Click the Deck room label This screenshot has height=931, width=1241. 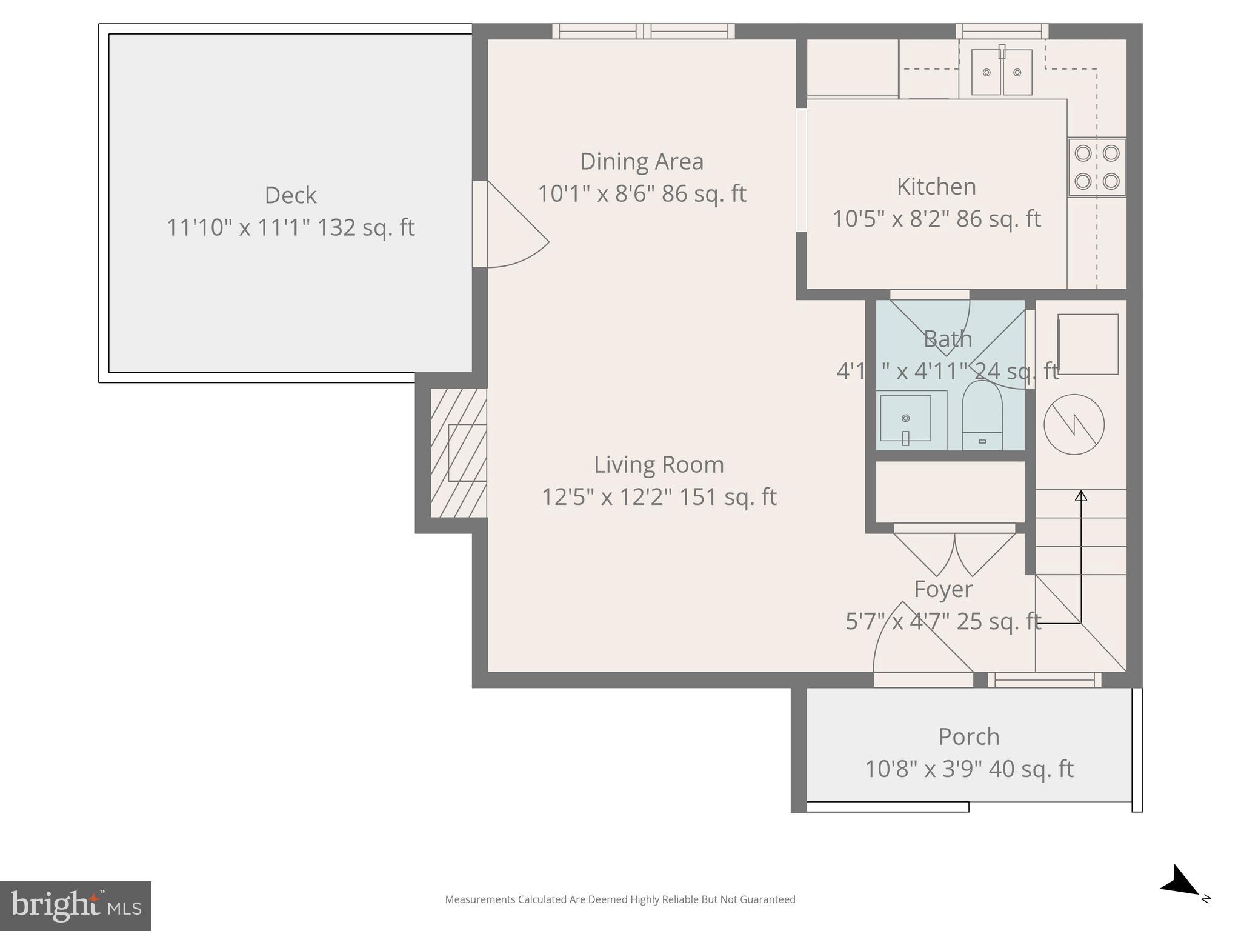(x=290, y=196)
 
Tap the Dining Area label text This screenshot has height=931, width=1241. (x=641, y=162)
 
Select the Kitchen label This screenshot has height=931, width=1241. (x=936, y=187)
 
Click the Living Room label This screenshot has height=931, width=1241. (x=659, y=465)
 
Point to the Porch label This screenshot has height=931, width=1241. (x=968, y=737)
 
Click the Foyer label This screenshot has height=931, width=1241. (x=943, y=589)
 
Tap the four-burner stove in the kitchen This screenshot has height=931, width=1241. (x=1096, y=167)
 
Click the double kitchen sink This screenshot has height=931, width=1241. (x=1001, y=73)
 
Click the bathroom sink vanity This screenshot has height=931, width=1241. (x=906, y=419)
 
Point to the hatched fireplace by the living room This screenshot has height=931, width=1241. (x=459, y=453)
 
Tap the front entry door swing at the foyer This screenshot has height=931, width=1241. (x=915, y=642)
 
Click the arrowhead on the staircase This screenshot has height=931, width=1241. (x=1080, y=495)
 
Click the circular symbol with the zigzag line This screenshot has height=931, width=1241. (x=1074, y=424)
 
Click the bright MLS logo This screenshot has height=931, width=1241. (x=76, y=906)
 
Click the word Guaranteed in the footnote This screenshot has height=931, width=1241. (x=770, y=899)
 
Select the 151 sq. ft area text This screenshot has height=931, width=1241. (x=727, y=497)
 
